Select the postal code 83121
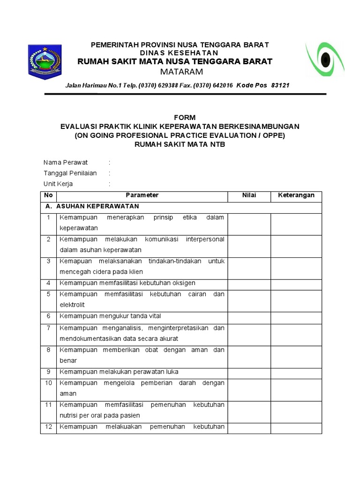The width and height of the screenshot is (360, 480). (x=280, y=86)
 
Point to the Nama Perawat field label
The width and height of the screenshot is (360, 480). (x=66, y=163)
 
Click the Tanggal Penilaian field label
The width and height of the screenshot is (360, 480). (x=70, y=173)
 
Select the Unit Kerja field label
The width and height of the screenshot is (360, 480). (x=58, y=184)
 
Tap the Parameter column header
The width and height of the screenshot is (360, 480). (x=142, y=195)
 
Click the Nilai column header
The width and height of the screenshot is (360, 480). (x=249, y=195)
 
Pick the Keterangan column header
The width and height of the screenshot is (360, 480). (x=296, y=195)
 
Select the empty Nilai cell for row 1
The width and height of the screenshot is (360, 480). (x=249, y=223)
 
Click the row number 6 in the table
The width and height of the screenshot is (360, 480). (x=48, y=316)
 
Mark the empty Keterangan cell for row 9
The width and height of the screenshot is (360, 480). (x=296, y=373)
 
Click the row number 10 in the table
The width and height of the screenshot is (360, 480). (x=48, y=383)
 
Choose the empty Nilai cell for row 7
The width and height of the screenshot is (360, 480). (x=249, y=333)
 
